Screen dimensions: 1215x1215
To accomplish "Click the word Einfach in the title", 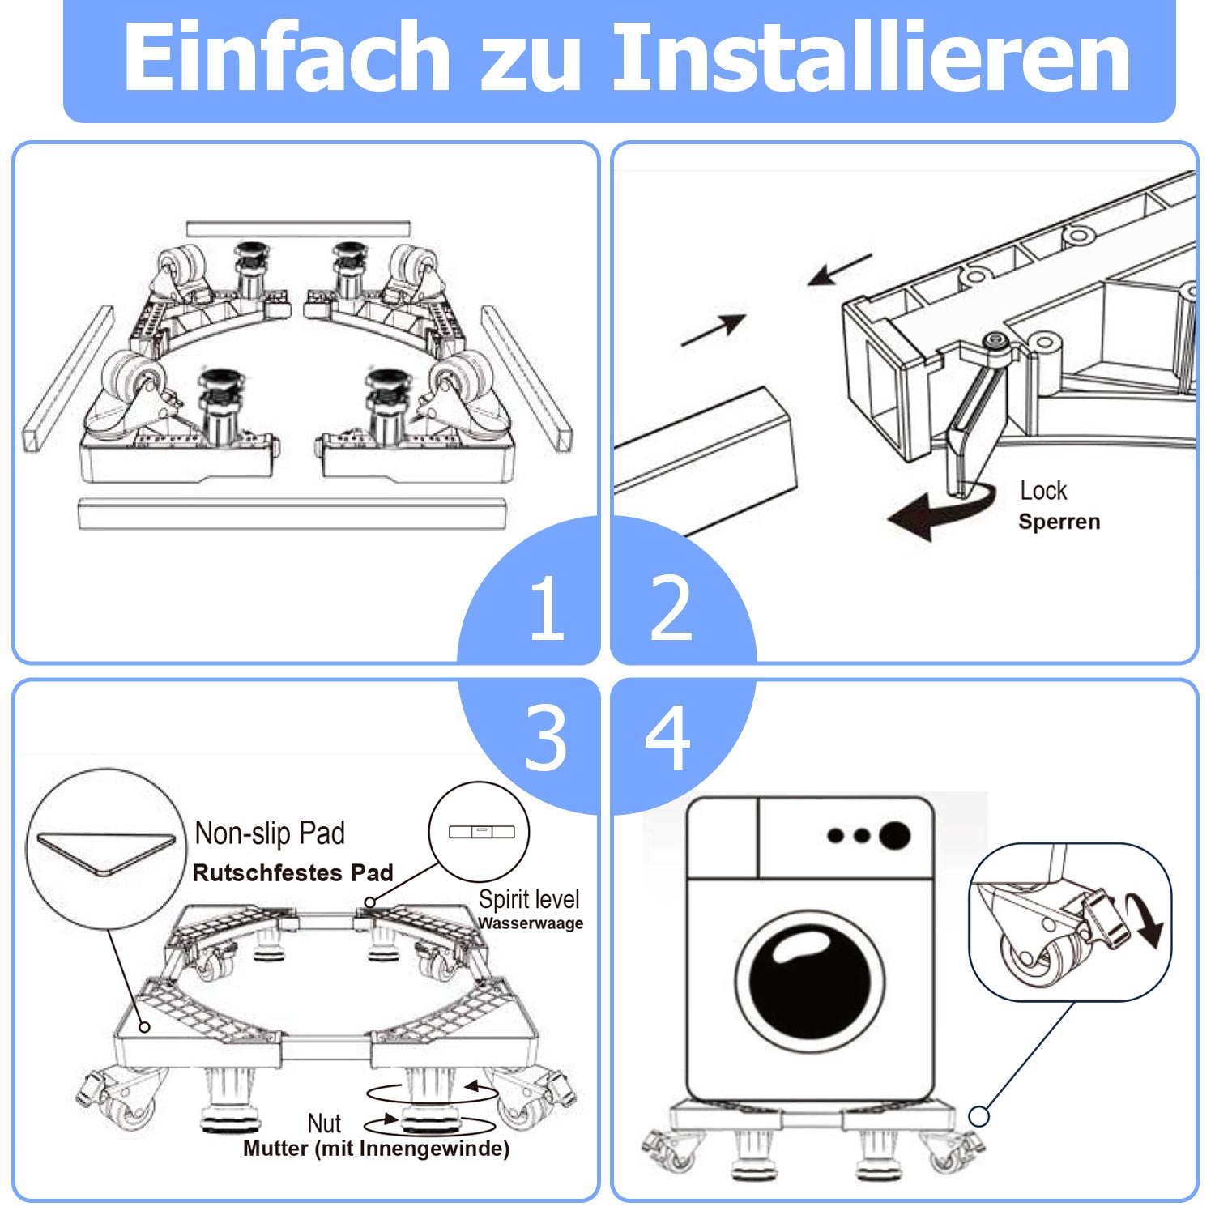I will coord(285,58).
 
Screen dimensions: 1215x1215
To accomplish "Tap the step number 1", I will coord(546,607).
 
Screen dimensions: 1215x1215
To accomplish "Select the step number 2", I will coord(671,607).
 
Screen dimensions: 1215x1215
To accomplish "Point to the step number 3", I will coord(545,738).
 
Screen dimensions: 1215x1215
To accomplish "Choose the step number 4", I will coord(668,738).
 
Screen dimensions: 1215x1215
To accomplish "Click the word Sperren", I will coord(1059,522).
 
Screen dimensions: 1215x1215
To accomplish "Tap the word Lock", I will coord(1043,490).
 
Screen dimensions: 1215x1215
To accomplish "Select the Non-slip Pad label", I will coord(270,833).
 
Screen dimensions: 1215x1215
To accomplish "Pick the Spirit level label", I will coord(529,899).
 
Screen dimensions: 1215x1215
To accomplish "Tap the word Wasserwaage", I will coord(531,923).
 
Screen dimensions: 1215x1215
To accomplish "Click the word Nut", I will coord(324,1123).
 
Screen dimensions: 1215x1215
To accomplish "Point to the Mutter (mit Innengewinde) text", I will coord(376,1149).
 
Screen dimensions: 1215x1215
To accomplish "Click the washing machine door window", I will coord(809,982).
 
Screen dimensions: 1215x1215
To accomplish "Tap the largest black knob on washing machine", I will coord(894,835).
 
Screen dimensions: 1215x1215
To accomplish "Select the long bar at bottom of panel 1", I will coord(292,514).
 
